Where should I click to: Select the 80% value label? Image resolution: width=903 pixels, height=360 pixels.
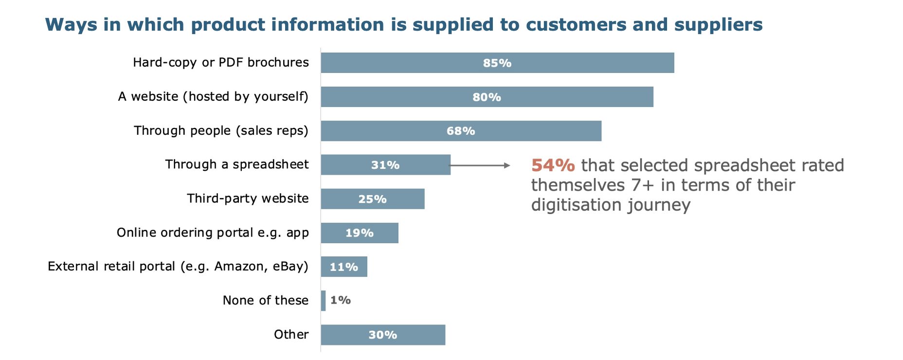[x=487, y=97]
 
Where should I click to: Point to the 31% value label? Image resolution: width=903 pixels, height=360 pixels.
[x=385, y=165]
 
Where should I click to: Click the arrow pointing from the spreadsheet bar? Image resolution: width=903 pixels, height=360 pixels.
[x=480, y=165]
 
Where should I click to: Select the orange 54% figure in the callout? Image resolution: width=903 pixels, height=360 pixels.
[x=553, y=165]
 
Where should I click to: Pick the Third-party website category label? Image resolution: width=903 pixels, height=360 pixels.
[x=248, y=198]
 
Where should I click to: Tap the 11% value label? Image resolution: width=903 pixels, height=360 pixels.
[x=343, y=267]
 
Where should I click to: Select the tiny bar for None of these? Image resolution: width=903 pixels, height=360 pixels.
[x=324, y=301]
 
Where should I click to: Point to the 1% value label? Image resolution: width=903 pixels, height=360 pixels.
[x=340, y=300]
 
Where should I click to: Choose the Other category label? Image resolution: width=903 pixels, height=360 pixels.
[x=291, y=335]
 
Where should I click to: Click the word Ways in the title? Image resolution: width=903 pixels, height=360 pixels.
[x=71, y=25]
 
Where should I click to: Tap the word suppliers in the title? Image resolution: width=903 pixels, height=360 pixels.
[x=718, y=25]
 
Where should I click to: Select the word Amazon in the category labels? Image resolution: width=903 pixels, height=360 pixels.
[x=236, y=267]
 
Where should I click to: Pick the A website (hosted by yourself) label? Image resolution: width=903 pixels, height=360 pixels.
[x=213, y=97]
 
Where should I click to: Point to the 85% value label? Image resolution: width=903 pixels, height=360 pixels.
[x=497, y=63]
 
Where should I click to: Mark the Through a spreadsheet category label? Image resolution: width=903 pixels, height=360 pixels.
[x=236, y=164]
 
